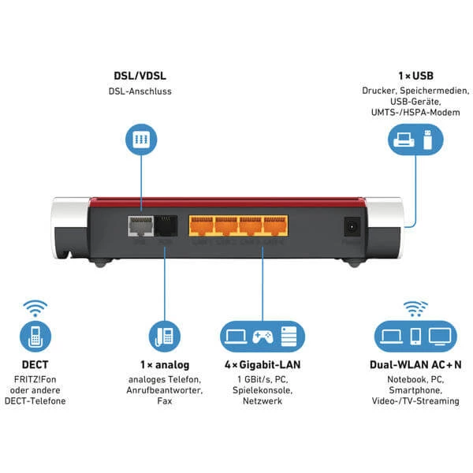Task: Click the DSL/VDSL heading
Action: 140,76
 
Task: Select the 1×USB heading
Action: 416,76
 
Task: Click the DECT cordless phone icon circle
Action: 34,337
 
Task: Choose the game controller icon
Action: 263,337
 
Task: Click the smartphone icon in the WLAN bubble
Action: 415,337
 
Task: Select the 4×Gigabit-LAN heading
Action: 263,365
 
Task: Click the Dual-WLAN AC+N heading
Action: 415,365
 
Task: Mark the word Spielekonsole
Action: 263,390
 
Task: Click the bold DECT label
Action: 34,365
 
